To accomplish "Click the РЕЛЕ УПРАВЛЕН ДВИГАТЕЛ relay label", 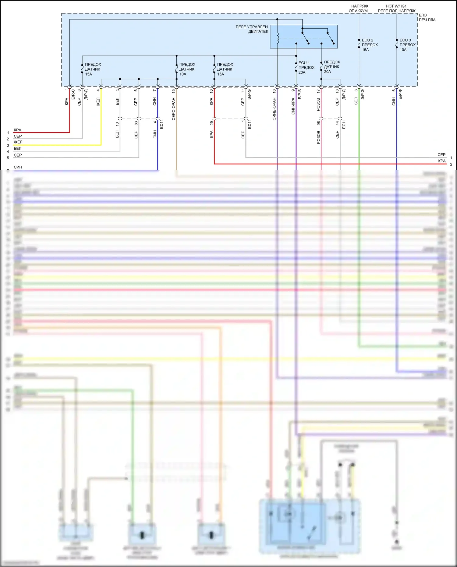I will pyautogui.click(x=252, y=29).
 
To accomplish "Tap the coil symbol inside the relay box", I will pyautogui.click(x=278, y=38).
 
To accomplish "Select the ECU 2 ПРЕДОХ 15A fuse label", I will pyautogui.click(x=370, y=45).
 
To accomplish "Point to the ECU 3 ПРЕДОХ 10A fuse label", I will pyautogui.click(x=407, y=45).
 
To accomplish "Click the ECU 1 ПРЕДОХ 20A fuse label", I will pyautogui.click(x=306, y=68).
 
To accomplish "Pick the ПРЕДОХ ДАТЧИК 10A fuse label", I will pyautogui.click(x=187, y=69).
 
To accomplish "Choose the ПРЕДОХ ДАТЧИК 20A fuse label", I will pyautogui.click(x=332, y=67).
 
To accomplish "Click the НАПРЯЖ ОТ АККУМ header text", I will pyautogui.click(x=359, y=9).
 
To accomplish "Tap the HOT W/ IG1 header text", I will pyautogui.click(x=396, y=6).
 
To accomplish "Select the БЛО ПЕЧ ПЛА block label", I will pyautogui.click(x=427, y=17).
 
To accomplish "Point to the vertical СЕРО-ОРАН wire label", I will pyautogui.click(x=174, y=109).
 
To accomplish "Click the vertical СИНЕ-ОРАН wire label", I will pyautogui.click(x=274, y=109).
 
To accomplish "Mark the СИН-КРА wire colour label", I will pyautogui.click(x=293, y=106).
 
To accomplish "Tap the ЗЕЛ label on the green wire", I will pyautogui.click(x=356, y=101).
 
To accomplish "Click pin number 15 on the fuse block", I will pyautogui.click(x=174, y=91).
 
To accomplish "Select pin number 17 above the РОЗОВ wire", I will pyautogui.click(x=318, y=91).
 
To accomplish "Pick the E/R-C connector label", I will pyautogui.click(x=73, y=94).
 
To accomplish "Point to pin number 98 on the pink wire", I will pyautogui.click(x=318, y=123).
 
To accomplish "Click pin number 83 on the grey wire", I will pyautogui.click(x=136, y=123).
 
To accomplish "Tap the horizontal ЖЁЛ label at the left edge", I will pyautogui.click(x=18, y=142).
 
